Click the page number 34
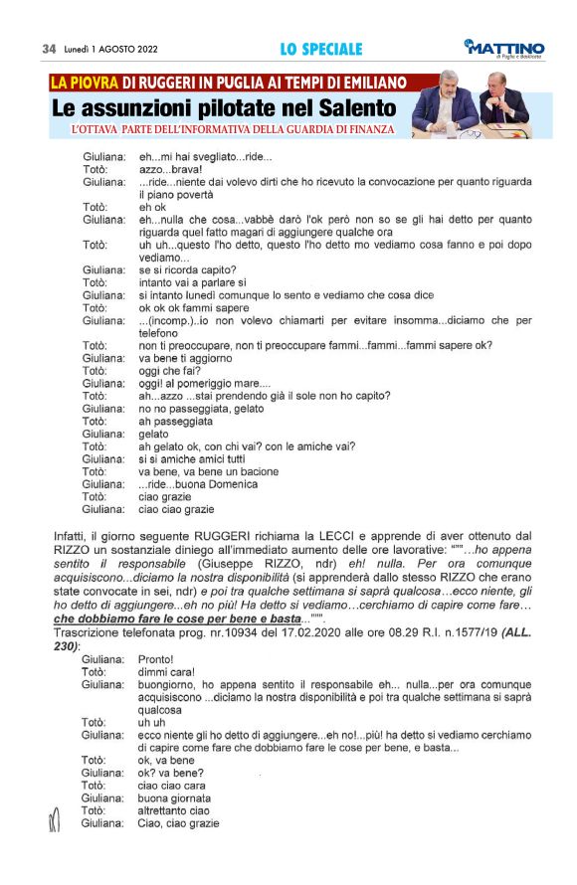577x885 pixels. pos(48,49)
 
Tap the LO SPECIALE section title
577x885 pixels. pos(320,49)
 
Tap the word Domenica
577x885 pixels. pos(234,484)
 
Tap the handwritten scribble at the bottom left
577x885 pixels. pos(56,817)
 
